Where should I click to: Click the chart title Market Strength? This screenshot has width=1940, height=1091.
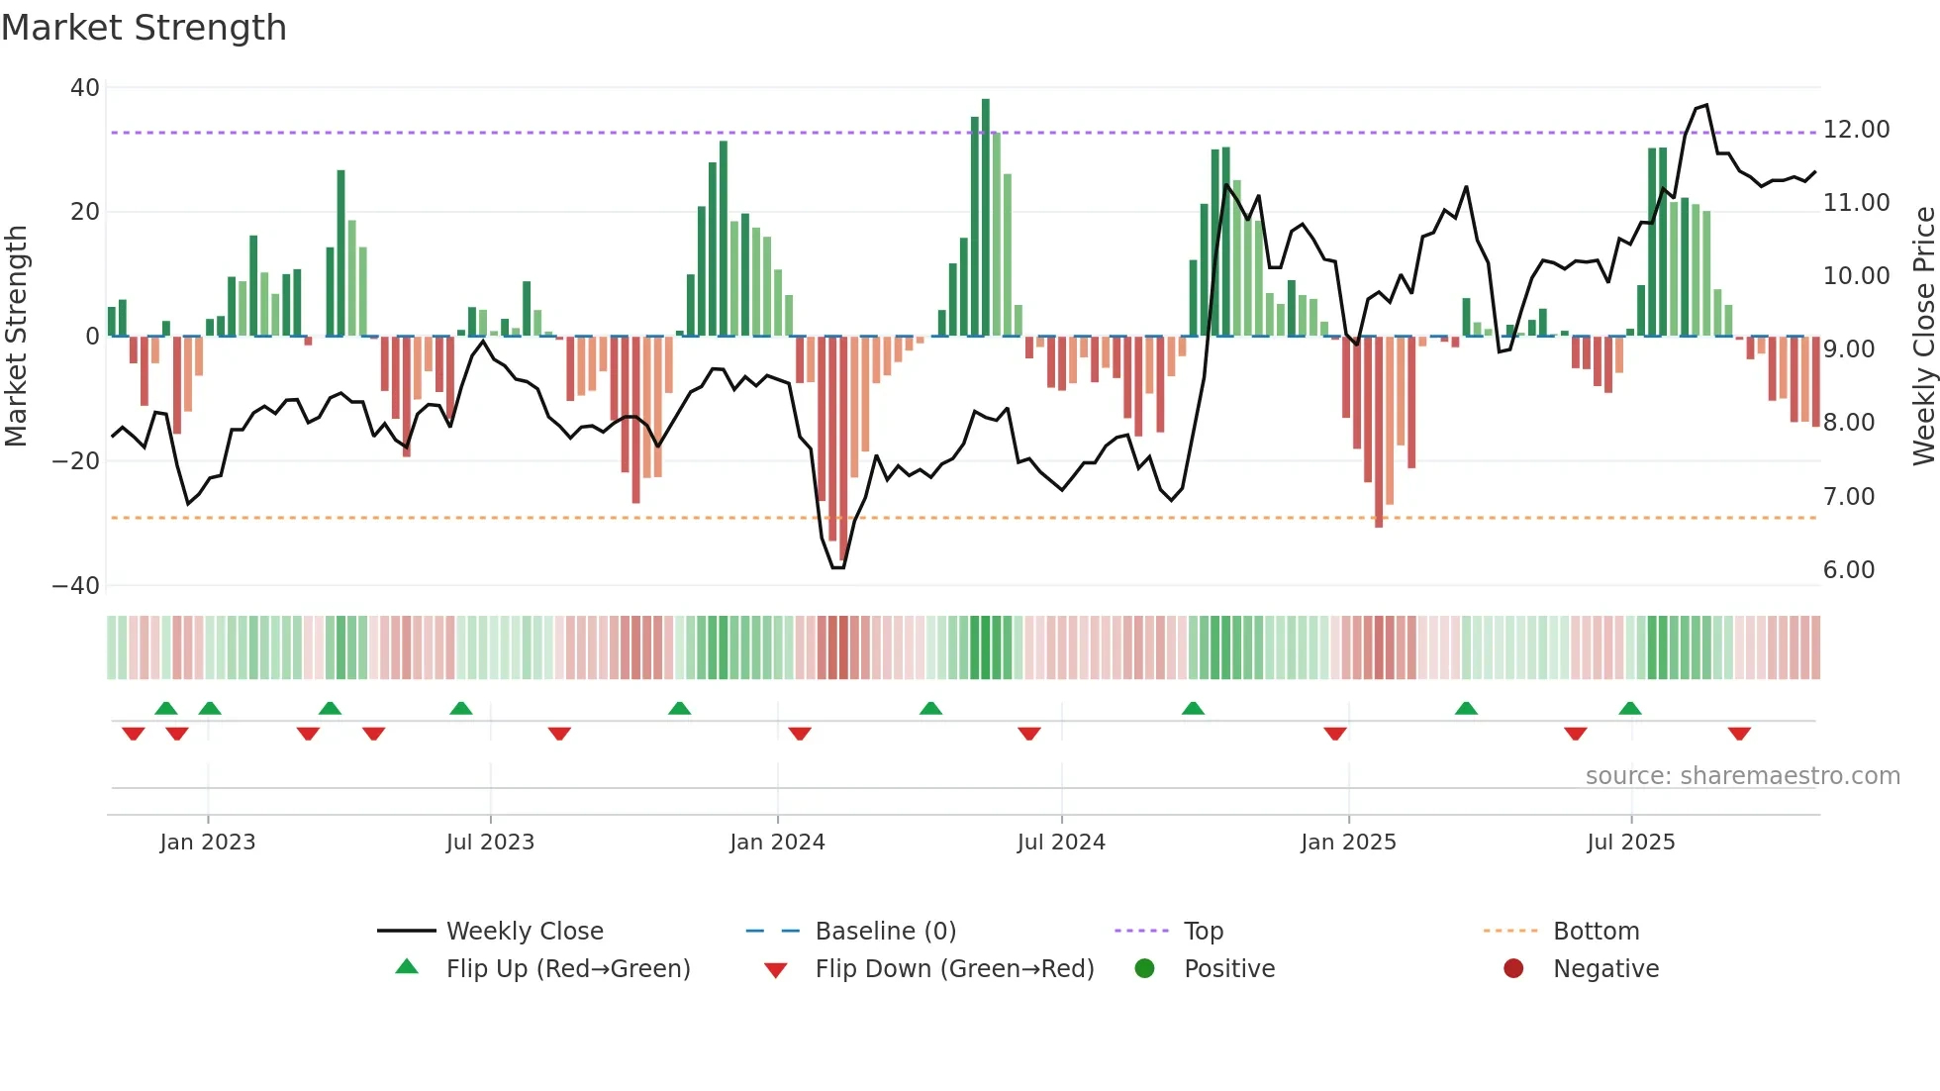144,28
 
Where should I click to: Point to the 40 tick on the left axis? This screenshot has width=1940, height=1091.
85,88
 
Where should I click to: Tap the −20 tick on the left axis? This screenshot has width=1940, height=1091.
76,461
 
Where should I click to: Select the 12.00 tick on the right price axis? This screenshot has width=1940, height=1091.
1856,130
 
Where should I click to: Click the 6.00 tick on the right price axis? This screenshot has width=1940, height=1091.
1848,570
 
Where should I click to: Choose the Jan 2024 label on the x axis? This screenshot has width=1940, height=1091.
777,843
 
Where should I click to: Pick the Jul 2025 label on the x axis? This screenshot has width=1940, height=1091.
1630,843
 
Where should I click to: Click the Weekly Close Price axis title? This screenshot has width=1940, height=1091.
1923,337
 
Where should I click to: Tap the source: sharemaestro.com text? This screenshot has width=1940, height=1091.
1742,776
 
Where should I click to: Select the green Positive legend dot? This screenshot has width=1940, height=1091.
1144,969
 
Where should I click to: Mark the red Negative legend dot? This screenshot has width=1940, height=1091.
1513,969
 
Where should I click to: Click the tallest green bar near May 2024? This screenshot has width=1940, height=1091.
985,218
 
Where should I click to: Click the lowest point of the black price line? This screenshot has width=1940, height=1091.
837,567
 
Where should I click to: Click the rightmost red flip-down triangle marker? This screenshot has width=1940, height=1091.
1739,734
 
